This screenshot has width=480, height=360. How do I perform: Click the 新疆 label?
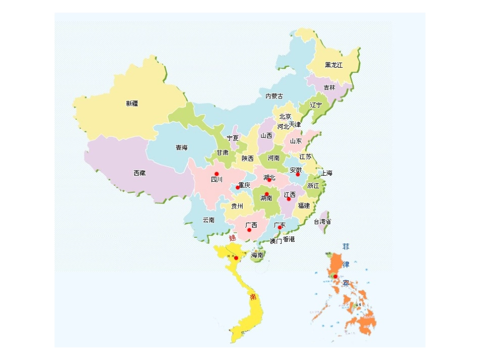132,104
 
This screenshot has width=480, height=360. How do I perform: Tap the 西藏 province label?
139,173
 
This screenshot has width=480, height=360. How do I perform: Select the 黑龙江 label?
333,65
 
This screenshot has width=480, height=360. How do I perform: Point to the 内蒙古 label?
274,96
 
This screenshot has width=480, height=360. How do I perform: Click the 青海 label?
181,148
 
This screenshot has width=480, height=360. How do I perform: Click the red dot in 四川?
217,174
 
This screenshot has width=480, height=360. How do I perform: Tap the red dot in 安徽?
298,175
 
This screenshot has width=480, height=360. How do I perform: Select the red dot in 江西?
289,199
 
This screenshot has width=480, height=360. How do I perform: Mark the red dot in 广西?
249,230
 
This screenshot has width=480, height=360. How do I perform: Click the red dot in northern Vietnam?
236,258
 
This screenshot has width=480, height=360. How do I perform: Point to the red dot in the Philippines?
335,276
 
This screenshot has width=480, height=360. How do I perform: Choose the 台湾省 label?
322,222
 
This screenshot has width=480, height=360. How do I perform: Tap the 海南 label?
257,255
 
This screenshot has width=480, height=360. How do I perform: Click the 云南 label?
209,220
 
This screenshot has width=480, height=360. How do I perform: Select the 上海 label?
326,173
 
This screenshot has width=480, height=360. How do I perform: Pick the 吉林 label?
329,87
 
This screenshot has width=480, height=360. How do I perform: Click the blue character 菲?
346,247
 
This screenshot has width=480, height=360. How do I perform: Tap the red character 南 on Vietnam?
253,296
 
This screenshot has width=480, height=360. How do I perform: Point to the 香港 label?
289,239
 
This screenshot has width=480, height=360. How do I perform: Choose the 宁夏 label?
232,138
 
